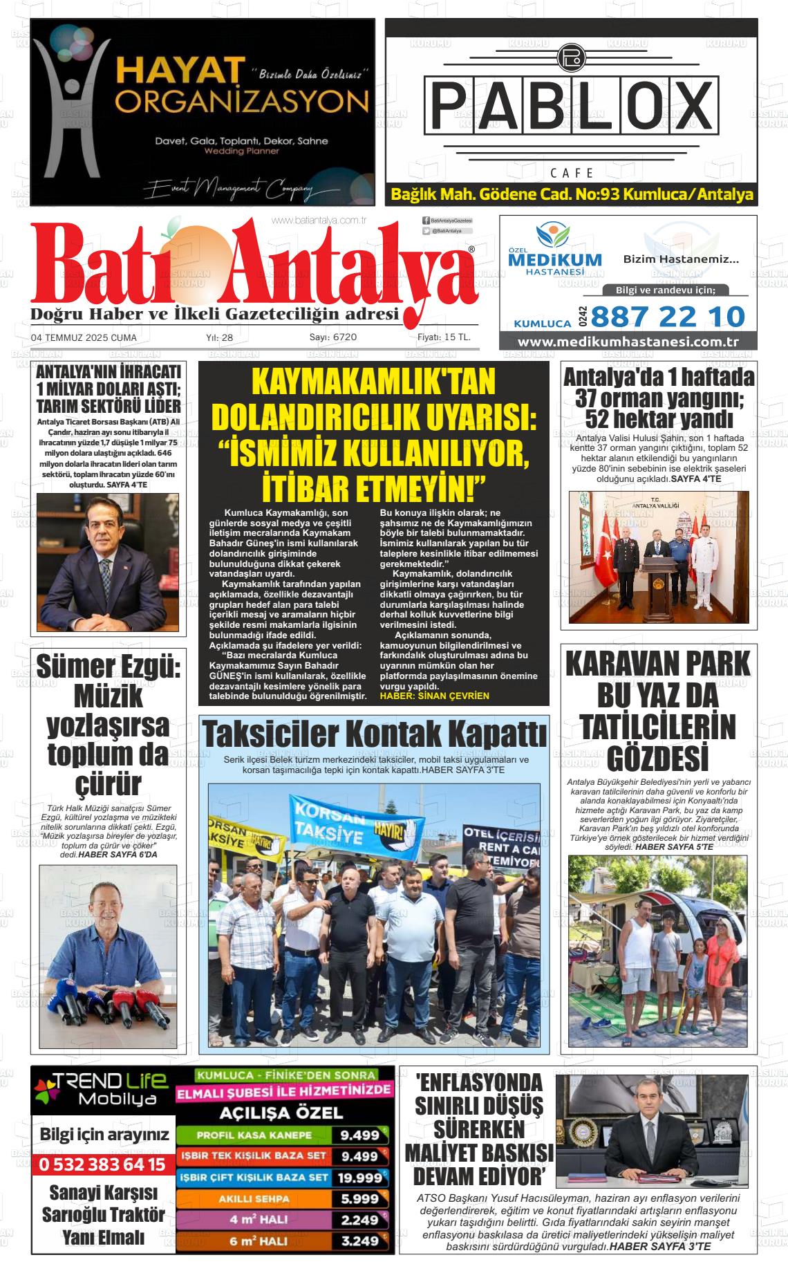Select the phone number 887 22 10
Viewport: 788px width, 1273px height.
coord(668,317)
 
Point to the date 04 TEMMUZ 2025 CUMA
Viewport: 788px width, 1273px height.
coord(84,337)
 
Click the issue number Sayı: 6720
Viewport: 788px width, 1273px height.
coord(332,337)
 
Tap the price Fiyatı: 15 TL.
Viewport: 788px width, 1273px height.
coord(444,337)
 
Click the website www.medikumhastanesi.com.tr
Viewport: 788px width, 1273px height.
coord(628,342)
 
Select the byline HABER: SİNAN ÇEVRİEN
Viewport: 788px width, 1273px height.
coord(434,696)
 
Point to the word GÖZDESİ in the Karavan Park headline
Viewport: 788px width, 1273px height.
coord(657,758)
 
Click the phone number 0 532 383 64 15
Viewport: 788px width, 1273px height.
coord(102,1164)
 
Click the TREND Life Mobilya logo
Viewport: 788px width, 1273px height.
coord(102,1090)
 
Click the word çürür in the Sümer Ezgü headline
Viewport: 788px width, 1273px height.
coord(108,784)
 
